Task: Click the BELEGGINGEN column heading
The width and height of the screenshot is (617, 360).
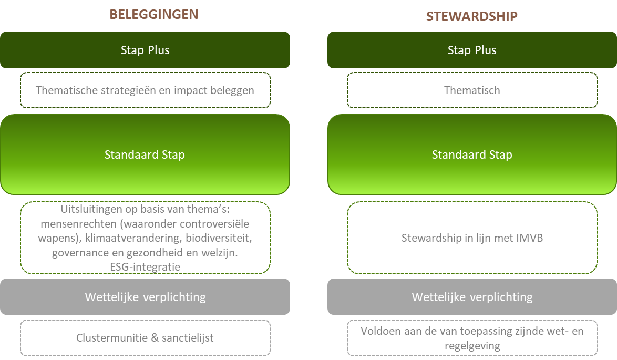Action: [154, 15]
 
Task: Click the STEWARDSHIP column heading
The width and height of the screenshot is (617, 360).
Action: [472, 16]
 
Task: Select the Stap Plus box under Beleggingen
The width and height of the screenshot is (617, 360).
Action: [145, 50]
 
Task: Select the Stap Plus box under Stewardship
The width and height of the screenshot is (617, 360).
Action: [472, 50]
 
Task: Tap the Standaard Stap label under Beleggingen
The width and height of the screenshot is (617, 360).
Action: [145, 155]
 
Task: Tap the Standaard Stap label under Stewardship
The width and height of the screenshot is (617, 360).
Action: [472, 155]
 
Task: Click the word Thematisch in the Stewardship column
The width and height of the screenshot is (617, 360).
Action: [472, 90]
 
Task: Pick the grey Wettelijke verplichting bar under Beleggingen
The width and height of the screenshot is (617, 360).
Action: [145, 296]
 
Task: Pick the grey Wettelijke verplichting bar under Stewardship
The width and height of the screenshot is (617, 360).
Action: [472, 296]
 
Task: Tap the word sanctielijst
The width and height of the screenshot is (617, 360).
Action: [188, 337]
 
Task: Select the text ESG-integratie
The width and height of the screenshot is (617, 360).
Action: [145, 267]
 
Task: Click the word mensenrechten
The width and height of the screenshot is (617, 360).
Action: [79, 224]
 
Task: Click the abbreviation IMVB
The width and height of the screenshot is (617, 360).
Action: [531, 238]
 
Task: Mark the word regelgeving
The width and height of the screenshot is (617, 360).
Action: [472, 346]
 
